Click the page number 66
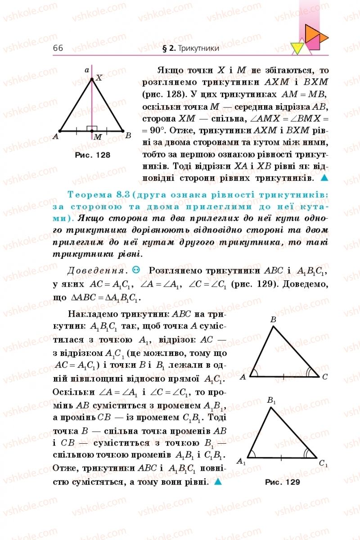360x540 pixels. (58, 48)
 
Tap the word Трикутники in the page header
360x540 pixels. (198, 48)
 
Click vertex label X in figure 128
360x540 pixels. (99, 77)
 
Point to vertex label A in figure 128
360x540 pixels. (55, 136)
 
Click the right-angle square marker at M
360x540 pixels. (92, 128)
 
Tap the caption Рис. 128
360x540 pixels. (93, 154)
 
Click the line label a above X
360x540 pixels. (87, 70)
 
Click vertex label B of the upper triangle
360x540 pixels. (273, 319)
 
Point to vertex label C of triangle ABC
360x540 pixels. (325, 377)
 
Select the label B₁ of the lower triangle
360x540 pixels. (271, 400)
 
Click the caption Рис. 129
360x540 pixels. (282, 482)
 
